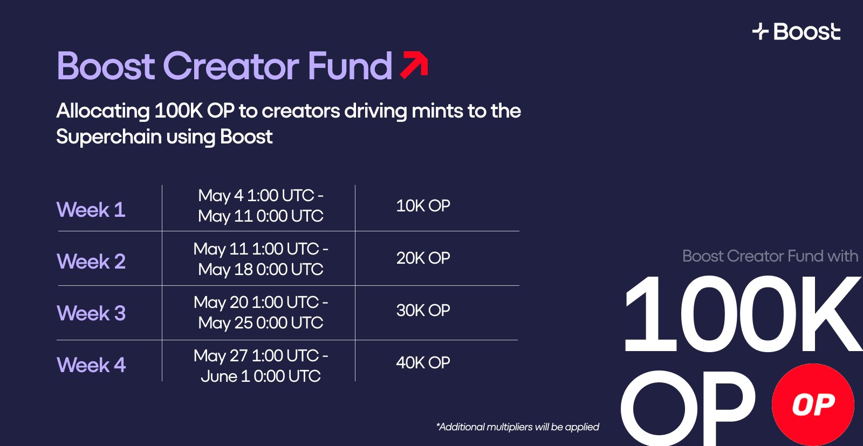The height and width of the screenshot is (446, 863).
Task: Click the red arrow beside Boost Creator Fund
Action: coord(415,65)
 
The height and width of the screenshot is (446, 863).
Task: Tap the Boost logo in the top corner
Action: coord(796,31)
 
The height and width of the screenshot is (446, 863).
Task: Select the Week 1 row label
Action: coord(91,210)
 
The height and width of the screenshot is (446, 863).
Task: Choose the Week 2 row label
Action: coord(91,261)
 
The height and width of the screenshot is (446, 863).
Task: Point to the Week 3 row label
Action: coord(91,313)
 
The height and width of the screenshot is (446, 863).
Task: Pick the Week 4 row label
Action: coord(91,365)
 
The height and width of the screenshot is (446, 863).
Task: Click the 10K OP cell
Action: coord(423,205)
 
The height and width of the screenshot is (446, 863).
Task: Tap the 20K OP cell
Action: coord(423,258)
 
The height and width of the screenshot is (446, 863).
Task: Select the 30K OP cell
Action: coord(423,310)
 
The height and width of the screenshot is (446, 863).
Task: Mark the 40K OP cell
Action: coord(423,362)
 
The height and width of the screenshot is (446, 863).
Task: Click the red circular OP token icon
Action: coord(813,404)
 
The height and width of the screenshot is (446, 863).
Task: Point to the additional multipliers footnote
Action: coord(517,427)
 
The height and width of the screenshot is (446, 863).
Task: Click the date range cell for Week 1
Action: coord(261,205)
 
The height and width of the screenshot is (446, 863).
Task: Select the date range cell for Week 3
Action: coord(261,312)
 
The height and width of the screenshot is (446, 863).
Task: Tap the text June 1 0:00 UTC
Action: coord(261,376)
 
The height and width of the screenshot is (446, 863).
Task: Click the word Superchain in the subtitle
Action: coord(108,136)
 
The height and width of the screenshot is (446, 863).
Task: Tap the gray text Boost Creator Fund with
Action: coord(770,256)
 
